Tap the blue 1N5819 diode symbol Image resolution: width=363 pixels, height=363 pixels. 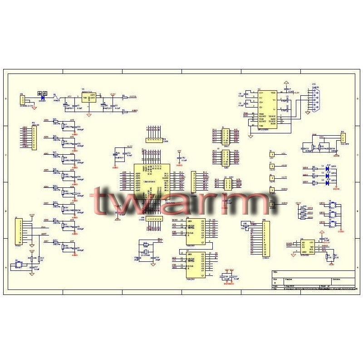point(43,97)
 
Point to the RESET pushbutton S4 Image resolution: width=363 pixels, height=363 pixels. point(19,263)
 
